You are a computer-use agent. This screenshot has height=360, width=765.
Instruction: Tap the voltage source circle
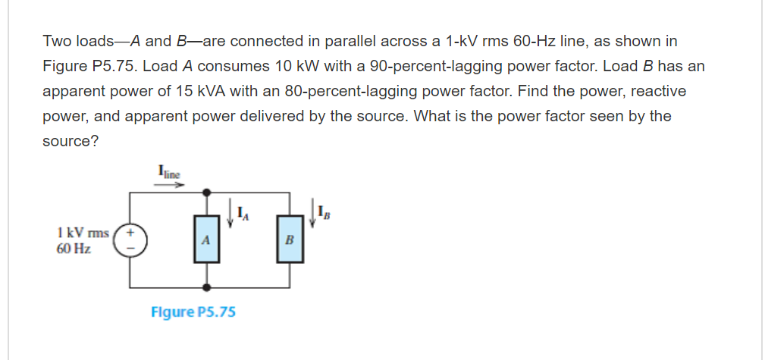[x=130, y=239]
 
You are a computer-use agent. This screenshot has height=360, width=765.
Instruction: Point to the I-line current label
[x=169, y=172]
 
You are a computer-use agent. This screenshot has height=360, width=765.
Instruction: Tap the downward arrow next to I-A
[x=229, y=211]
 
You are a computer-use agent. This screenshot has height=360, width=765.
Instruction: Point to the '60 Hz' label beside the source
[x=74, y=248]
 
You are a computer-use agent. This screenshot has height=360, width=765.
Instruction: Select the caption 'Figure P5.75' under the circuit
[x=193, y=311]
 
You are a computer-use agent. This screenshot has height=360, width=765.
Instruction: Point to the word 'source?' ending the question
[x=70, y=142]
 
